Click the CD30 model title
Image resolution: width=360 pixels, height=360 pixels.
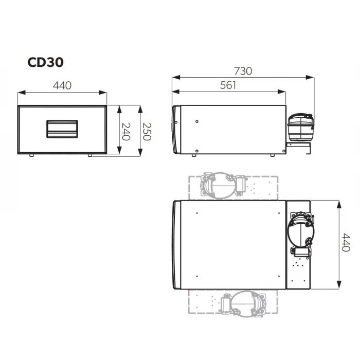pos(45,62)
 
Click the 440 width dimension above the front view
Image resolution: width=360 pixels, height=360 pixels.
pos(62,85)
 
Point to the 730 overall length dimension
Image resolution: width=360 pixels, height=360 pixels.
pos(243,71)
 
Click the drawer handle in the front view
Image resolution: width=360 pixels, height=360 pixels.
pos(62,128)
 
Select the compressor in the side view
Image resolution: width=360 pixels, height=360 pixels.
pos(300,126)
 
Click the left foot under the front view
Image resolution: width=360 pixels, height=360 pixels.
pos(31,155)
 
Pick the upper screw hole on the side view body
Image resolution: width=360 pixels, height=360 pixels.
pos(197,122)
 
